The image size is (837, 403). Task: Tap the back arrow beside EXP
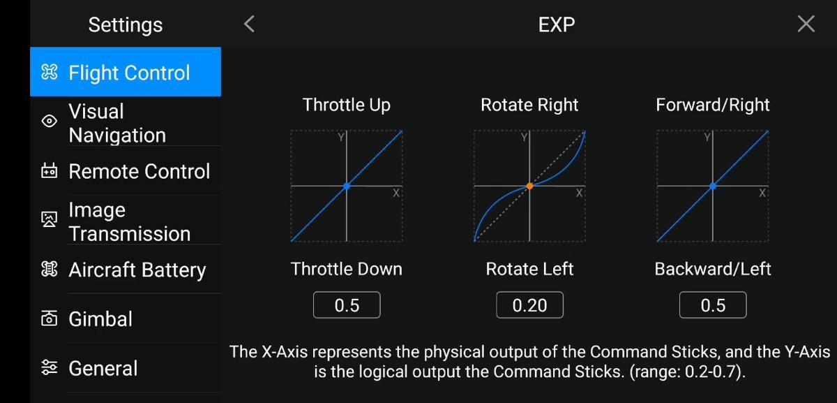point(249,24)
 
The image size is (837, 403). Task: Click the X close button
point(806,24)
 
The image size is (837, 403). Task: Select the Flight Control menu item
point(126,72)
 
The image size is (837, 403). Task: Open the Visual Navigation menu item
point(126,122)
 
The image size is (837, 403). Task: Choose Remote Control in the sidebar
point(126,171)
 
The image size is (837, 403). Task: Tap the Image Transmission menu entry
point(126,221)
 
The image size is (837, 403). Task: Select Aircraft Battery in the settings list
point(126,270)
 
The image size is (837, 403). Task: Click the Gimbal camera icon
point(49,318)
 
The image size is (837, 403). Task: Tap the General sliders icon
point(49,367)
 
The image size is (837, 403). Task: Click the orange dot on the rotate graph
point(529,186)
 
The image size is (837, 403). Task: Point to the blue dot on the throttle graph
point(347,186)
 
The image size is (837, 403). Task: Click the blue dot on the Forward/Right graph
point(713,186)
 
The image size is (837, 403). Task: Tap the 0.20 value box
point(529,305)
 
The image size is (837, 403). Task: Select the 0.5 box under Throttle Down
point(347,305)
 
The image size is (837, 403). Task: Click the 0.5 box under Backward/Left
point(713,305)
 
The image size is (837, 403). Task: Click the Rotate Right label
point(529,105)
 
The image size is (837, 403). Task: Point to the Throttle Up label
point(347,105)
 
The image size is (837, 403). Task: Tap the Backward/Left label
point(713,269)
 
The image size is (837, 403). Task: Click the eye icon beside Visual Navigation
point(49,121)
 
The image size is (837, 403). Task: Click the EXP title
point(557,24)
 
